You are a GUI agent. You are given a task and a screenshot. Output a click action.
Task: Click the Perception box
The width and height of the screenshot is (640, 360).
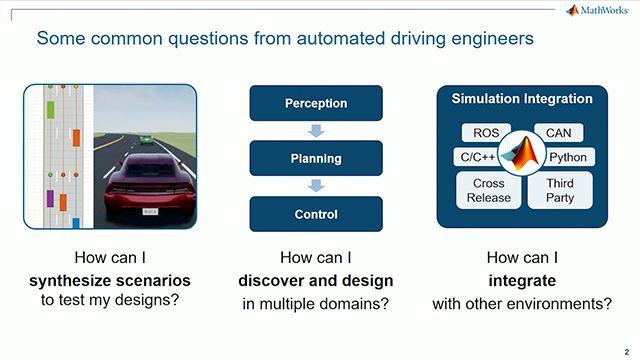316,103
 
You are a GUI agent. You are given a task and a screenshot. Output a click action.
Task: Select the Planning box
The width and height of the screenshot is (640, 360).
316,158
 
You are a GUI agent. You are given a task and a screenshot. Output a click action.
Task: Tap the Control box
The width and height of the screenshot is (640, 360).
316,214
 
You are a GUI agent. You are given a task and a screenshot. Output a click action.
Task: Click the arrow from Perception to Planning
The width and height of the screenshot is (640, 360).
316,130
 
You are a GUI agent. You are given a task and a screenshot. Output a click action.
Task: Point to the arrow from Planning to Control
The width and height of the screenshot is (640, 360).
316,186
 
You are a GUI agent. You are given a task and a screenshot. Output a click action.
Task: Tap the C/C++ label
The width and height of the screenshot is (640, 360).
477,157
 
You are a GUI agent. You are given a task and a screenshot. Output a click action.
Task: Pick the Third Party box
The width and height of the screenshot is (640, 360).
559,190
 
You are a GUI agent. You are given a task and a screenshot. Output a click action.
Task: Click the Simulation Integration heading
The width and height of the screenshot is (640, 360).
522,99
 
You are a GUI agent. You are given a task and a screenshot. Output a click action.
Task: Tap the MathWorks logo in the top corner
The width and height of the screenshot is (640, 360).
600,11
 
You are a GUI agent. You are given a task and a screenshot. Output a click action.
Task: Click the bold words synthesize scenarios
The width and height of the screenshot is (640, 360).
107,278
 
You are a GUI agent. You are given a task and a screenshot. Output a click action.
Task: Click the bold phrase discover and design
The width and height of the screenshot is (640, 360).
316,278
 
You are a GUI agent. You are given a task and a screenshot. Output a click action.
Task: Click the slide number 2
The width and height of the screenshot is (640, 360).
625,350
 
